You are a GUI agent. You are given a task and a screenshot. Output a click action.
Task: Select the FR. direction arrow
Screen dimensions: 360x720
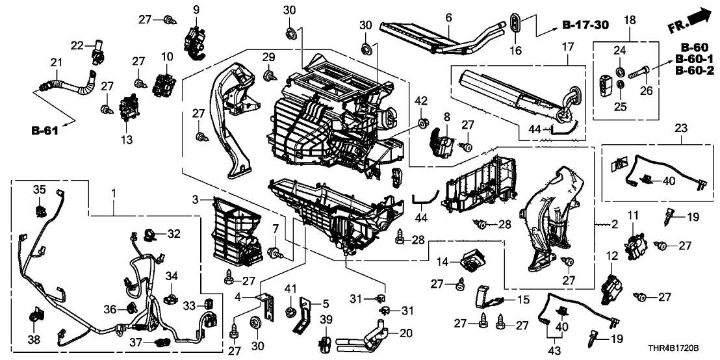[x=689, y=21]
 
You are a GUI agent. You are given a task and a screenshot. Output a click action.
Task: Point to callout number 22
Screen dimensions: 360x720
[x=77, y=45]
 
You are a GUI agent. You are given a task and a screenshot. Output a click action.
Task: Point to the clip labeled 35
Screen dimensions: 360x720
[x=40, y=209]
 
